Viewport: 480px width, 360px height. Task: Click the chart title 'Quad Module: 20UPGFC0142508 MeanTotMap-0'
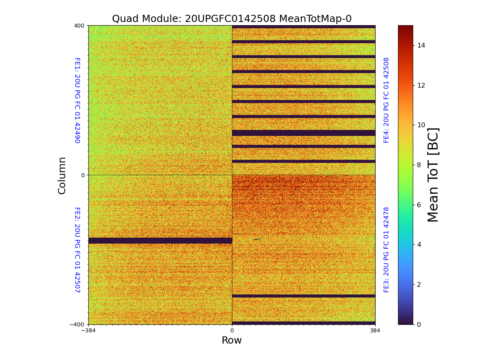tap(232, 19)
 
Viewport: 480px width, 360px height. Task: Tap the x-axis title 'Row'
tap(232, 340)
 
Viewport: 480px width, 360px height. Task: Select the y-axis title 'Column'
tap(62, 175)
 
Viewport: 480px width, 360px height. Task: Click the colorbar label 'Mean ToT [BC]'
tap(433, 175)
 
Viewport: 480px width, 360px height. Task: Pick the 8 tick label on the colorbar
tap(419, 165)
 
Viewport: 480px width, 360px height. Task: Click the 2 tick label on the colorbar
tap(419, 284)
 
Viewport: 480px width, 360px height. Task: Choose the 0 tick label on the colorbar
tap(419, 324)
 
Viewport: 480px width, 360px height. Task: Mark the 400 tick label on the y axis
tap(79, 26)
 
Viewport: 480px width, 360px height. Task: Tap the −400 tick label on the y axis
tap(77, 324)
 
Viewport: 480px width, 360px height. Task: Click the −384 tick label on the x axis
tap(88, 331)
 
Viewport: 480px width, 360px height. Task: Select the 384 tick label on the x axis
tap(375, 331)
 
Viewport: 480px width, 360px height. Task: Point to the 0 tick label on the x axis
tap(232, 331)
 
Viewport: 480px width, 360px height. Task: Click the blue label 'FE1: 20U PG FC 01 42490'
tap(77, 100)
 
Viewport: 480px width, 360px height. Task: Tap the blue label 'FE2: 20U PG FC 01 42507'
tap(77, 250)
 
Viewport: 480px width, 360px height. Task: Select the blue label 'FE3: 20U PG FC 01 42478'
tap(386, 250)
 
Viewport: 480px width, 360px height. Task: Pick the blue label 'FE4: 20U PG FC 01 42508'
tap(386, 100)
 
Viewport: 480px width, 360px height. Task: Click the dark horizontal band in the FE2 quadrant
tap(160, 240)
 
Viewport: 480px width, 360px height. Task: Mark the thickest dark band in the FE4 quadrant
tap(304, 133)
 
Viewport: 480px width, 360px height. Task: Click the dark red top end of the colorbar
tap(405, 28)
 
